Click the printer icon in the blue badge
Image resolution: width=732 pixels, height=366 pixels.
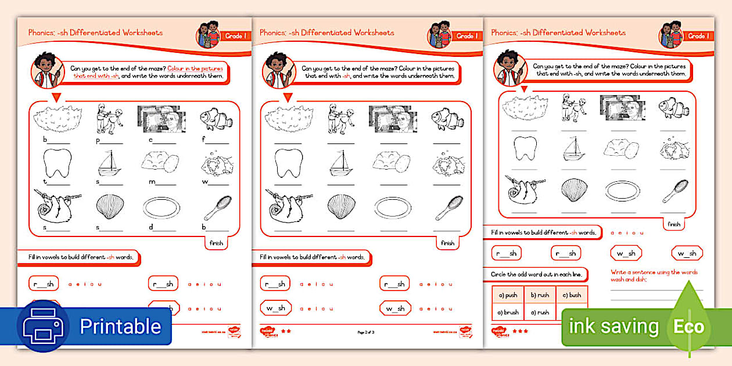coord(43,326)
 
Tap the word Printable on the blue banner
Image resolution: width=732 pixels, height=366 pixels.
coord(120,326)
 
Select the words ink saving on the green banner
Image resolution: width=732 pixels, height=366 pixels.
coord(613,326)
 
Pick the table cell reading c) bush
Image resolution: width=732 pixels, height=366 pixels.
coord(572,295)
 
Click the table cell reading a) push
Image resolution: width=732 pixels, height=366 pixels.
coord(508,295)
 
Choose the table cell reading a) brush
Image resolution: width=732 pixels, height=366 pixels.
coord(508,312)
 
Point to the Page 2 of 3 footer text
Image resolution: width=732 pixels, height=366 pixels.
coord(367,332)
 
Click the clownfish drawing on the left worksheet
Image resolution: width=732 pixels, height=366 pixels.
coord(215,119)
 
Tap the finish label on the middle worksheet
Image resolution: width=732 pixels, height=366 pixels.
coord(447,243)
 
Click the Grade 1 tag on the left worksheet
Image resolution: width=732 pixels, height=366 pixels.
coord(234,36)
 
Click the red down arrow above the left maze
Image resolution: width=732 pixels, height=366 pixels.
coord(58,97)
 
